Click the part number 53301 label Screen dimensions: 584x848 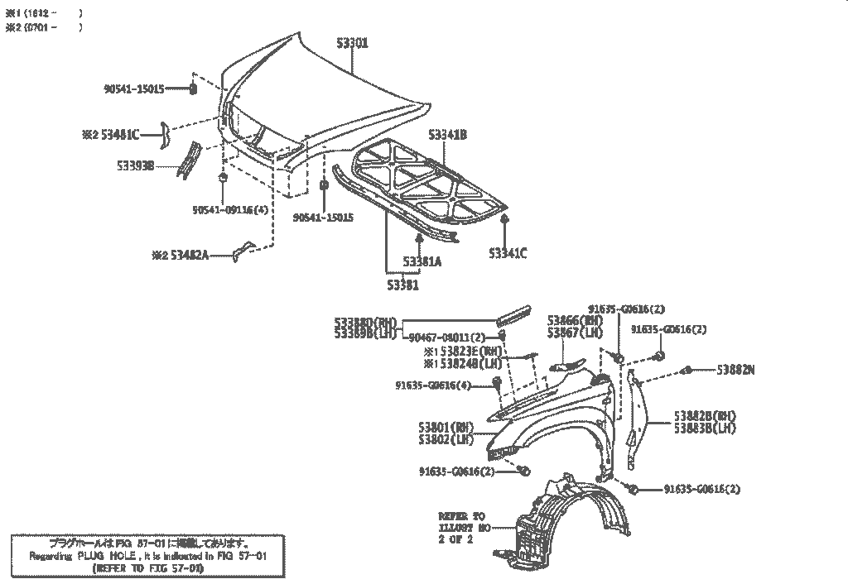click(352, 43)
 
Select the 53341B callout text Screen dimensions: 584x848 click(447, 134)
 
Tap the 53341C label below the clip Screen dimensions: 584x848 click(507, 253)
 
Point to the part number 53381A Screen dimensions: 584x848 click(422, 261)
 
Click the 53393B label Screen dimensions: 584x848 click(136, 165)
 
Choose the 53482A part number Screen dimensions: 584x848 click(190, 256)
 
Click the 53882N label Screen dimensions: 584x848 click(735, 370)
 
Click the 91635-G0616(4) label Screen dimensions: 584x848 click(433, 385)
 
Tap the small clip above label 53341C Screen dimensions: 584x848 click(505, 218)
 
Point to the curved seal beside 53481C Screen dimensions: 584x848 click(165, 133)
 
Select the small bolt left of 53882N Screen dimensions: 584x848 click(687, 370)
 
